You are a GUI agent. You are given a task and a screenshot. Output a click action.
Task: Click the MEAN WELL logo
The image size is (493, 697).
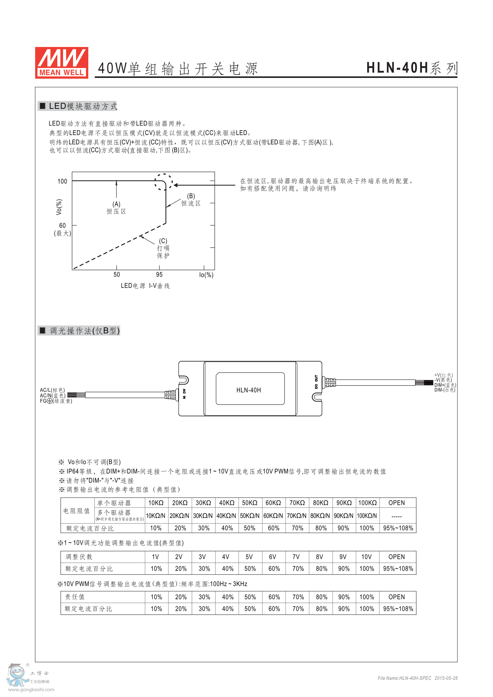[x=62, y=63]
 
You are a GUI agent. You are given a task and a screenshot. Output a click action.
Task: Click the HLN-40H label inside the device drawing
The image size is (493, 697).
[x=248, y=390]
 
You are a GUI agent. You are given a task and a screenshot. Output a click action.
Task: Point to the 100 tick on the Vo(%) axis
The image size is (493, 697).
[x=62, y=181]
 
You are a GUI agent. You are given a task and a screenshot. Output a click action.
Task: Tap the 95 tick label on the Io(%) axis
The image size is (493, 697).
[x=159, y=275]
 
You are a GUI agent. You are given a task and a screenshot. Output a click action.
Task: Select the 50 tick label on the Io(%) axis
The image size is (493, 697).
[x=117, y=275]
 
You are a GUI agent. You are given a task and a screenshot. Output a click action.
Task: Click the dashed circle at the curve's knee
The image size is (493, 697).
[x=164, y=182]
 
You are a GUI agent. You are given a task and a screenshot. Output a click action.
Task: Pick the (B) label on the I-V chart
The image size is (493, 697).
[x=191, y=196]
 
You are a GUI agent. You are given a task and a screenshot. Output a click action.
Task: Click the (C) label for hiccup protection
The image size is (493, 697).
[x=163, y=241]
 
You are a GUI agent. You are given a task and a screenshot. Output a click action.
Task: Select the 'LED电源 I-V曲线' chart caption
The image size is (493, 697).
[x=145, y=286]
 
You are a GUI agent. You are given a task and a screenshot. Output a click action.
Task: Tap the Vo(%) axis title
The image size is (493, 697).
[x=59, y=207]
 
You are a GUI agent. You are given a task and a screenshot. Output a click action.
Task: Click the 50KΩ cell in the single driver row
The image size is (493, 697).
[x=250, y=503]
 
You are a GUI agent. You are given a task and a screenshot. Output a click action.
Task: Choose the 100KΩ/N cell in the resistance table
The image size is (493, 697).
[x=367, y=516]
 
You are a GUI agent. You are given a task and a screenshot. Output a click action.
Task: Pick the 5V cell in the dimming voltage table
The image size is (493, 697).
[x=249, y=557]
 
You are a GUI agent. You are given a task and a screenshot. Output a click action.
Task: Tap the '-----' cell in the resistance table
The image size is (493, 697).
[x=397, y=516]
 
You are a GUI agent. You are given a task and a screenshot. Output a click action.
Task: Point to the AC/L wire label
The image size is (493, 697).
[x=52, y=390]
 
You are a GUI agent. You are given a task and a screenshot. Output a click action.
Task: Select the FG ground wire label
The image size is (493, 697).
[x=56, y=401]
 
